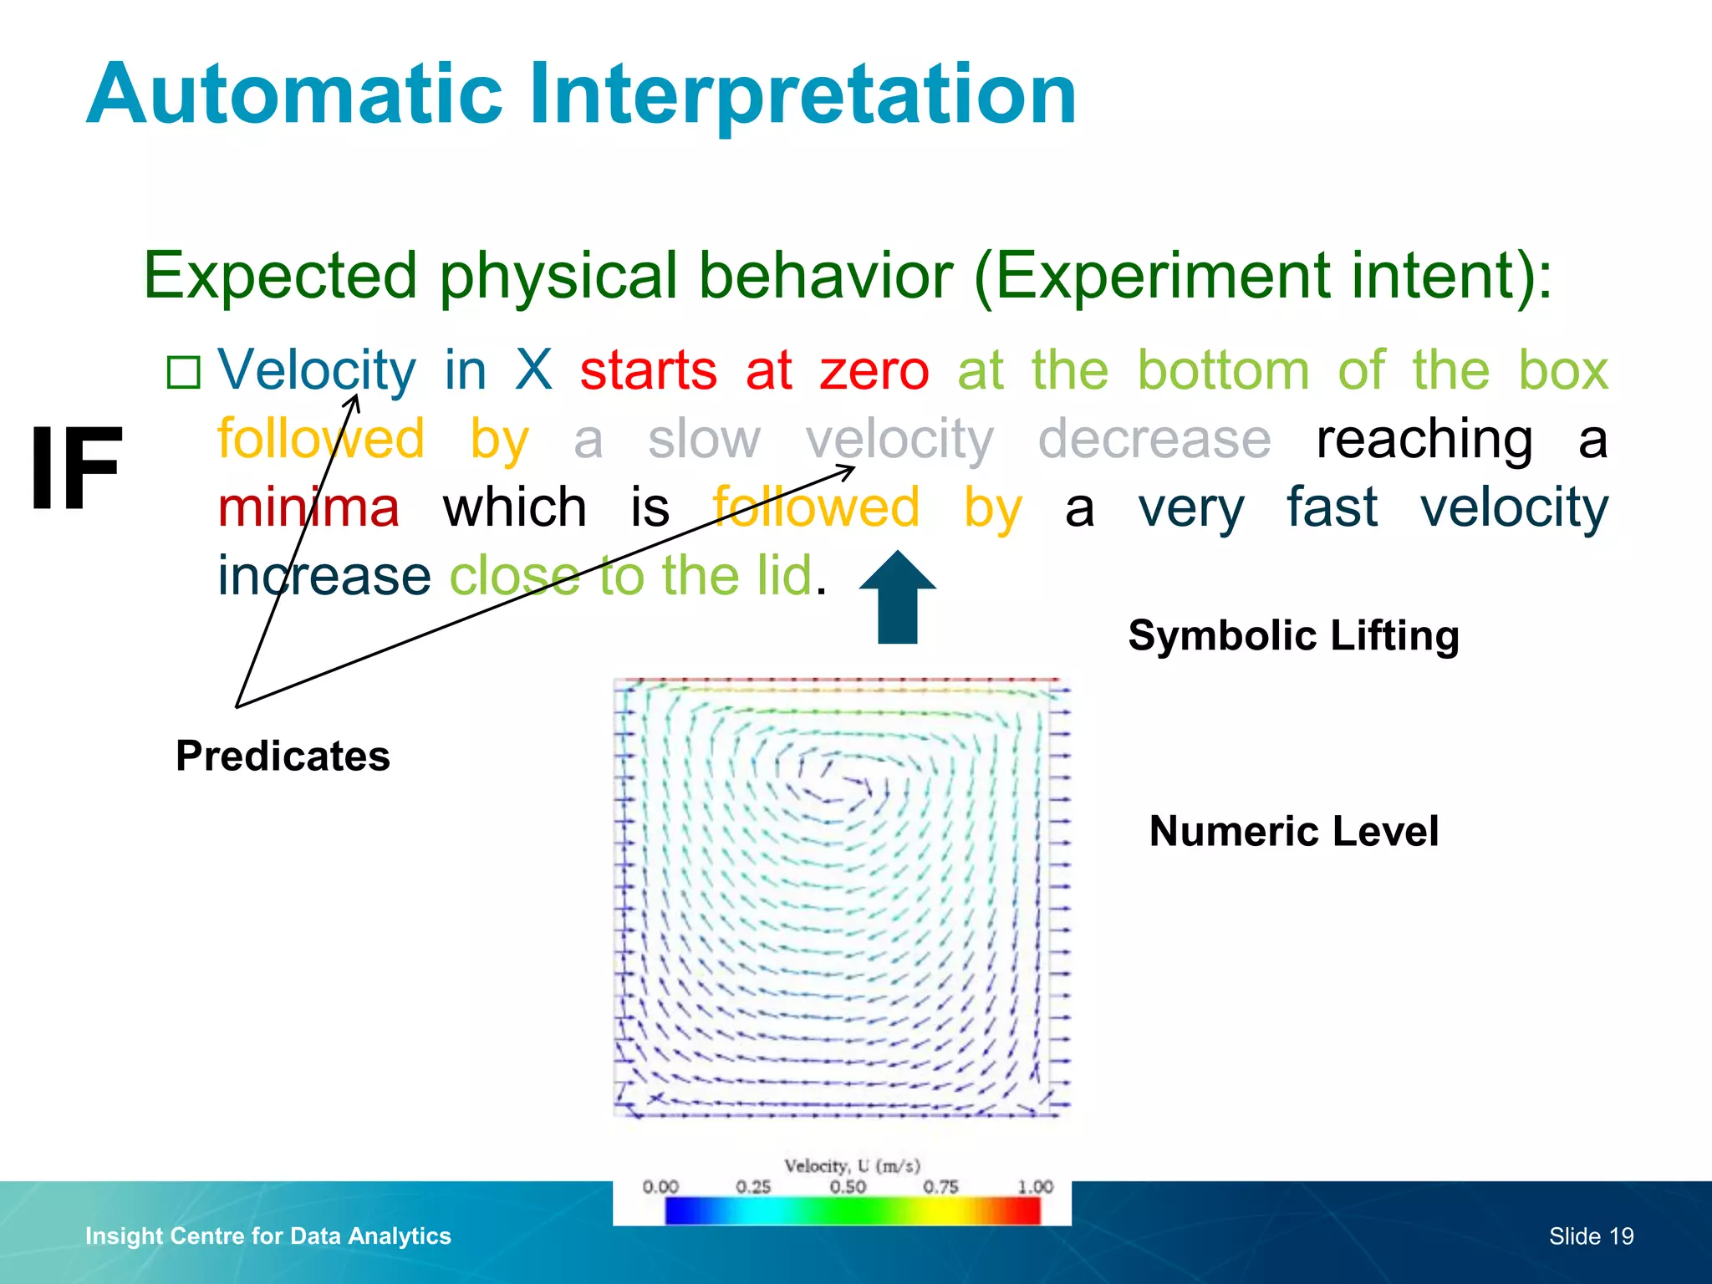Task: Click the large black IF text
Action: point(76,469)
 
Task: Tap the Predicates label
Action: point(283,756)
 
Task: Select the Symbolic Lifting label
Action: point(1293,635)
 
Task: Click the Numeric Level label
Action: point(1293,831)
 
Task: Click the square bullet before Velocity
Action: point(184,373)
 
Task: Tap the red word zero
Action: point(874,370)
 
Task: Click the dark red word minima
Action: point(308,507)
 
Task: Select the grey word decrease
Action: point(1154,439)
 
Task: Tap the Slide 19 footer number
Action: point(1591,1236)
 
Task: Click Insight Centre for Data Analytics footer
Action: point(268,1236)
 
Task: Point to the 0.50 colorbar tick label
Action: point(848,1187)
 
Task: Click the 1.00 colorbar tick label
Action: point(1035,1187)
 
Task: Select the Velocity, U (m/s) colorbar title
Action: point(852,1165)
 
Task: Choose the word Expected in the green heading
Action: point(280,275)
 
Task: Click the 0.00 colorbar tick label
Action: point(660,1187)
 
